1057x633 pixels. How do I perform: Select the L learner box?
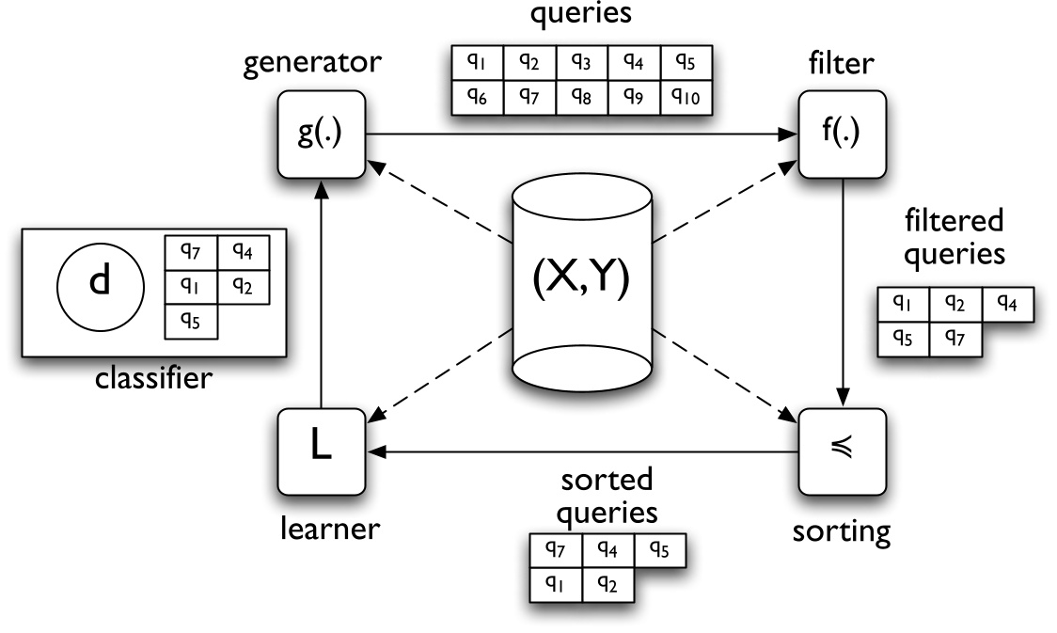[321, 451]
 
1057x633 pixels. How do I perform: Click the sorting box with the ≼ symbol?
[843, 451]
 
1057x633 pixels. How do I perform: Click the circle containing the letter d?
[100, 282]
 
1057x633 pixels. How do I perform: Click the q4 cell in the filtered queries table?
[1008, 303]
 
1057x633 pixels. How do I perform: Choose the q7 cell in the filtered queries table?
[954, 337]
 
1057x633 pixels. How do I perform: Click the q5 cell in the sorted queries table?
[659, 548]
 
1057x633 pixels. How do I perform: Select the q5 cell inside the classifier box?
[191, 320]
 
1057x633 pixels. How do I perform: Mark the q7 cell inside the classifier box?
[191, 252]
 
